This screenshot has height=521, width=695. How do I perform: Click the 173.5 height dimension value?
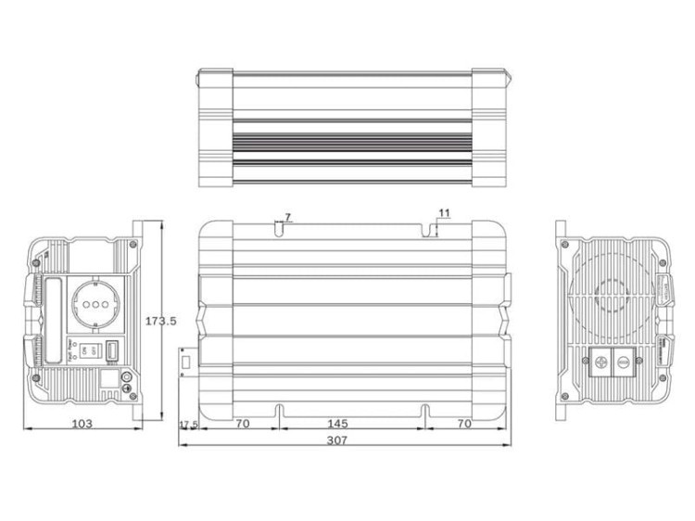(160, 321)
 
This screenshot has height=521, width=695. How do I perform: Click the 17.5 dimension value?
(188, 424)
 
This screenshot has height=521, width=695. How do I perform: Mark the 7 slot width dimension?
(287, 217)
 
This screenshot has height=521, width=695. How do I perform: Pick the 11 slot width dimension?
(444, 213)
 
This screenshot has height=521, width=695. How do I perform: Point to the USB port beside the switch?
(110, 351)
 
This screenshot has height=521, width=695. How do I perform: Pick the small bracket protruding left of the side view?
(184, 361)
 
